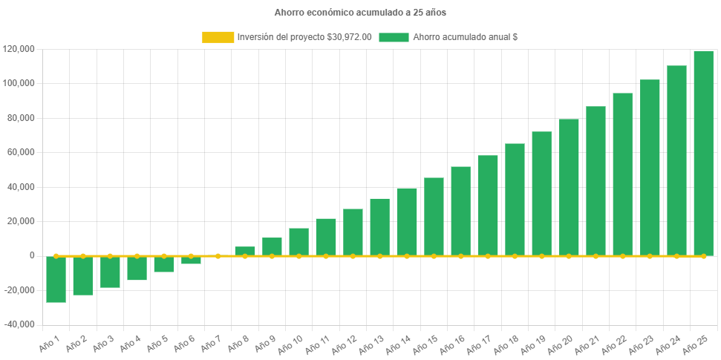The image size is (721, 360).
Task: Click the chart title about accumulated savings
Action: coord(360,13)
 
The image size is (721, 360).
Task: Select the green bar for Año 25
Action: coord(703,153)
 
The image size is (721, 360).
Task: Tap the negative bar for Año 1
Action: coord(56,279)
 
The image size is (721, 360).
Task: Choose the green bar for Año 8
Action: coord(245,251)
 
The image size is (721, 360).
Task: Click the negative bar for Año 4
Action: coord(137,268)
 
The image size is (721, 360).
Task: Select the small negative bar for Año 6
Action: coord(191,260)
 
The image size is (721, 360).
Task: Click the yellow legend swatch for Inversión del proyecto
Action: coord(218,37)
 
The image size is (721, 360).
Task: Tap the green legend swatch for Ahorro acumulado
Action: coord(394,37)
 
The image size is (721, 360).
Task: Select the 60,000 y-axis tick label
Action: coord(21,152)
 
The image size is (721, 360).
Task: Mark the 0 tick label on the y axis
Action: coord(32,255)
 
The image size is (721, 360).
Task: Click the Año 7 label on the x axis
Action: coord(210,343)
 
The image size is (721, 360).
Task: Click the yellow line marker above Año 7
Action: coord(218,256)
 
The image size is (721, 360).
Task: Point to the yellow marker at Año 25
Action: coord(703,256)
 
